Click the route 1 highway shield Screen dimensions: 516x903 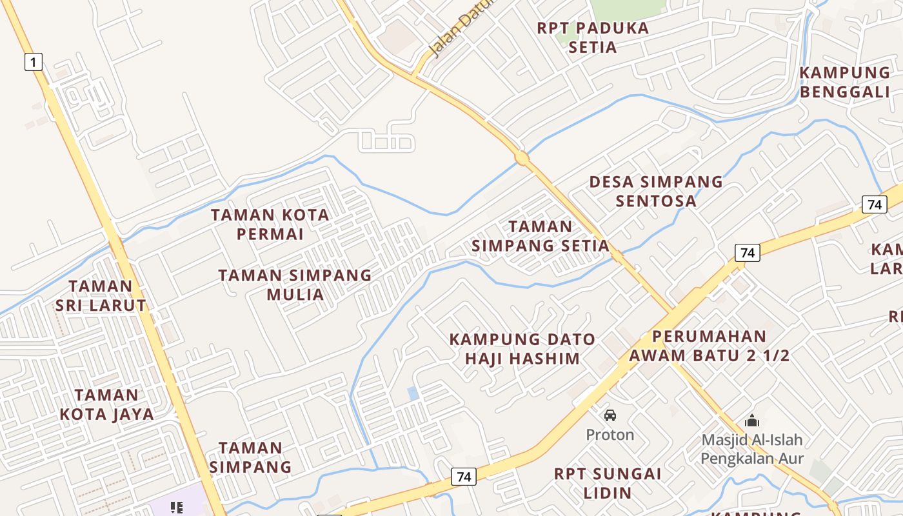tap(34, 62)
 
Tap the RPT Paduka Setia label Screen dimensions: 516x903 tap(593, 37)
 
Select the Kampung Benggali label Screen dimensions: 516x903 tap(845, 82)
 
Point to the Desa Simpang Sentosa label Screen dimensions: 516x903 tap(656, 191)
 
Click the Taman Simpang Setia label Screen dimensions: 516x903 tap(541, 235)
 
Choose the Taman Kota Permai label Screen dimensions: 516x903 tap(270, 224)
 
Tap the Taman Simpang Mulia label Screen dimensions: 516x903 tap(295, 284)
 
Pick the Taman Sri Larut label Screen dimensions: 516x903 tap(101, 295)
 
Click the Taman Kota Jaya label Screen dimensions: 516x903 tap(106, 404)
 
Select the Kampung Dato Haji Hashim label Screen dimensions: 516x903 tap(522, 348)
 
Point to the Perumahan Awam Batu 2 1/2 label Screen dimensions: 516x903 tap(709, 346)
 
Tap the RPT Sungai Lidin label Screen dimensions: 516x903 tap(608, 483)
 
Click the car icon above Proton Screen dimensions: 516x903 tap(610, 415)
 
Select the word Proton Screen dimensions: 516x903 tap(610, 435)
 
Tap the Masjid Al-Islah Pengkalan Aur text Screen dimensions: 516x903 tap(752, 449)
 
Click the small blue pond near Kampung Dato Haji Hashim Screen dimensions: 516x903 tap(413, 393)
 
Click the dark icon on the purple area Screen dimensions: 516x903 tap(176, 508)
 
